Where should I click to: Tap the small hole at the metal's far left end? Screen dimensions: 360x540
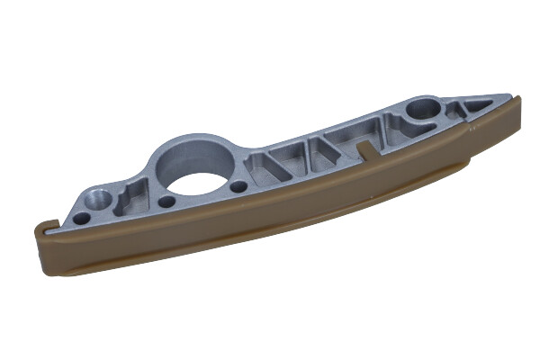[81, 218]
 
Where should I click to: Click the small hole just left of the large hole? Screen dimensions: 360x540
[166, 201]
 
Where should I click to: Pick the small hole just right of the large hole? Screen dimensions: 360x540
[238, 187]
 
